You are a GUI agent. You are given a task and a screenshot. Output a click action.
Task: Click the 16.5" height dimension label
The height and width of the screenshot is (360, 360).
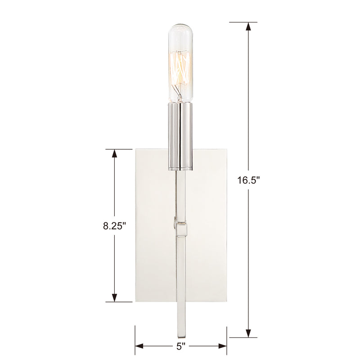(248, 180)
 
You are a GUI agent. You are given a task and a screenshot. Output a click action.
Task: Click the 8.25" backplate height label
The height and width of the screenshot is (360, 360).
(114, 226)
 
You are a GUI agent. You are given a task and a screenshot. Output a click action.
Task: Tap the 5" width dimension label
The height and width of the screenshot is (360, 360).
(181, 346)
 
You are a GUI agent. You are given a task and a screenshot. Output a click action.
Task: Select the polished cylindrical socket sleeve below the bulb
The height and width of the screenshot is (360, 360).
(180, 137)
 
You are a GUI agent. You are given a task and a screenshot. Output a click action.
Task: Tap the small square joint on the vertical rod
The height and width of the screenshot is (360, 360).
(181, 229)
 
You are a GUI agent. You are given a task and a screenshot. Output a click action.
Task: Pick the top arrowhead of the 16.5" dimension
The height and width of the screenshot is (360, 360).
(248, 27)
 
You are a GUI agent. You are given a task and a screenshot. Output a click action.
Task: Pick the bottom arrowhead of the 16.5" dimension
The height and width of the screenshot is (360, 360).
(248, 333)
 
